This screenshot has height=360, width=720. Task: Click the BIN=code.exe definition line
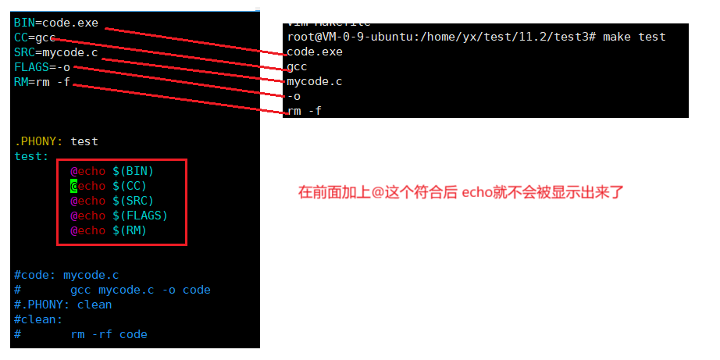click(x=56, y=23)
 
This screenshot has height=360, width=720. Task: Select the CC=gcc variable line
click(x=34, y=37)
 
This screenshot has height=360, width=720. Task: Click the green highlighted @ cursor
click(x=74, y=186)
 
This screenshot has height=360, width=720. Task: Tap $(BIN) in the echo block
click(x=134, y=171)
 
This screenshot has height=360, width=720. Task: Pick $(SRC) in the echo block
click(x=134, y=201)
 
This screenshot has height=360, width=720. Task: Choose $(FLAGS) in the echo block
click(x=141, y=216)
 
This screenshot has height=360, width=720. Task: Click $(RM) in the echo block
click(x=130, y=230)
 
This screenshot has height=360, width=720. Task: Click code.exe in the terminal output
click(x=315, y=52)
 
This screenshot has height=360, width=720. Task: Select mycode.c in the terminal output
click(x=315, y=81)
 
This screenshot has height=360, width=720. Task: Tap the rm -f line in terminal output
click(x=305, y=111)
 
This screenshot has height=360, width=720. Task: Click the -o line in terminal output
click(x=294, y=96)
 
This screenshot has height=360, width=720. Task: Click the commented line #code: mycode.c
click(x=66, y=275)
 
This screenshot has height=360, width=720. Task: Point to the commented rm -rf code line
click(x=109, y=334)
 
